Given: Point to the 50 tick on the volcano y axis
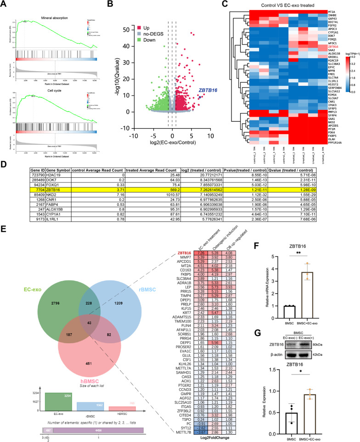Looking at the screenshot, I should click(x=124, y=29).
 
